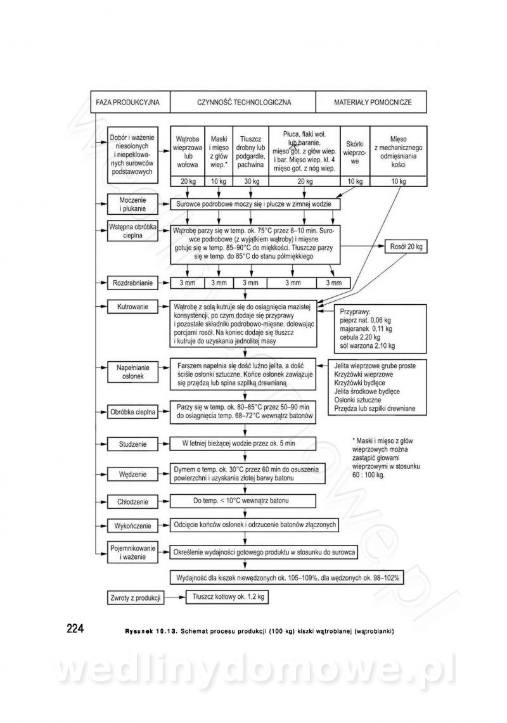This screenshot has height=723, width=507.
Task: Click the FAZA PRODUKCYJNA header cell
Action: click(x=128, y=101)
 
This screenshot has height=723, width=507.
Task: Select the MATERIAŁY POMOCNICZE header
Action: click(x=373, y=101)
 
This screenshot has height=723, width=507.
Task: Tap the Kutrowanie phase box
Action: click(x=132, y=307)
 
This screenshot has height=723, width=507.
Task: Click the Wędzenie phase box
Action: click(x=132, y=474)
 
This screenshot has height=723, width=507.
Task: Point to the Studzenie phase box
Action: click(x=132, y=444)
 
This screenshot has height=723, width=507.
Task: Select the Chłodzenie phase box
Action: click(x=132, y=501)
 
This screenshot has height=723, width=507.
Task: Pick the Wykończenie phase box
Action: click(x=132, y=525)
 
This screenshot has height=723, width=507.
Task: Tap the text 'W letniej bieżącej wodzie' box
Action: click(x=243, y=444)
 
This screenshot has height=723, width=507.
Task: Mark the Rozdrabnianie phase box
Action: click(x=132, y=282)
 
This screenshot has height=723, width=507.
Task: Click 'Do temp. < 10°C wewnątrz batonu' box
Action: click(x=243, y=501)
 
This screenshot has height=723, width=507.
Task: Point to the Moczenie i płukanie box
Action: click(x=132, y=204)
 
